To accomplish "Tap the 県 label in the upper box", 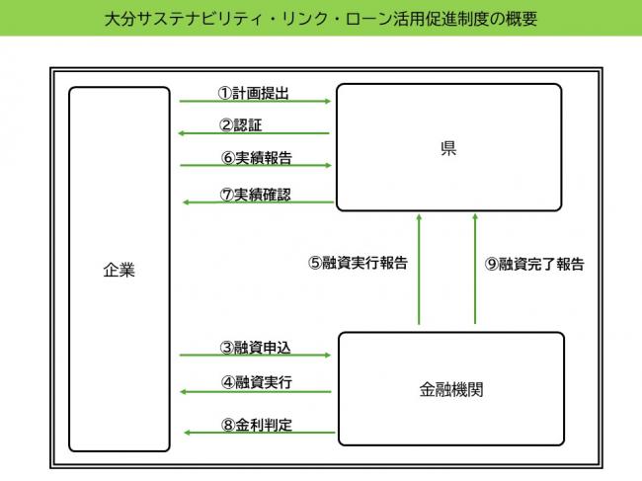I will tap(447, 149).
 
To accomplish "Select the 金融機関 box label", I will tap(450, 389).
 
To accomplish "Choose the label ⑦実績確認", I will tap(255, 194).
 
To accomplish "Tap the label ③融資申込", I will tap(255, 347).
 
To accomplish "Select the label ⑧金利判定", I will tap(255, 425).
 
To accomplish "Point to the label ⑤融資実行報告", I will tap(357, 264).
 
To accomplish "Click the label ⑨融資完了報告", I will tap(534, 264).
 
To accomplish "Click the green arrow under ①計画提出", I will tap(255, 102).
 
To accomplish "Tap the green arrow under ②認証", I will tap(255, 134).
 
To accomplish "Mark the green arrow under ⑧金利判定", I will tap(255, 435).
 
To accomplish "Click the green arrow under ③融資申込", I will tap(255, 357).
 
